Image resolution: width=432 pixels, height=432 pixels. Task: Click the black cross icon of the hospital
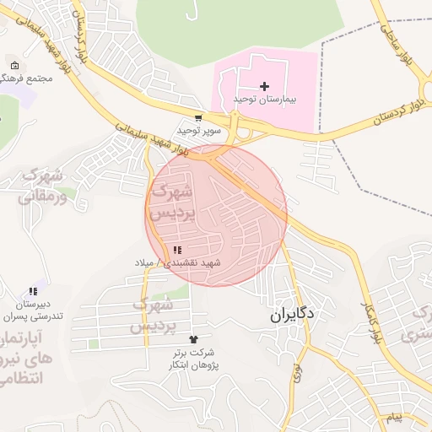(265, 86)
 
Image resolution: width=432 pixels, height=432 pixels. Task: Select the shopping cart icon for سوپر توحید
(197, 119)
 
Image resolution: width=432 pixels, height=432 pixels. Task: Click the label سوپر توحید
(199, 131)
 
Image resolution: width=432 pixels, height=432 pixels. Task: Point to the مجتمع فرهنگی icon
(13, 66)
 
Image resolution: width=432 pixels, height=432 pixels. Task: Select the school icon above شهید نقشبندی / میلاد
(177, 250)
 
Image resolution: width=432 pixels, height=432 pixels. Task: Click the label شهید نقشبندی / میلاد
(177, 263)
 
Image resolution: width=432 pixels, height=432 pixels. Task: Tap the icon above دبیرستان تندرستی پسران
(33, 291)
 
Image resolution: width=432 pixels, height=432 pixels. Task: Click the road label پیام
(395, 418)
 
